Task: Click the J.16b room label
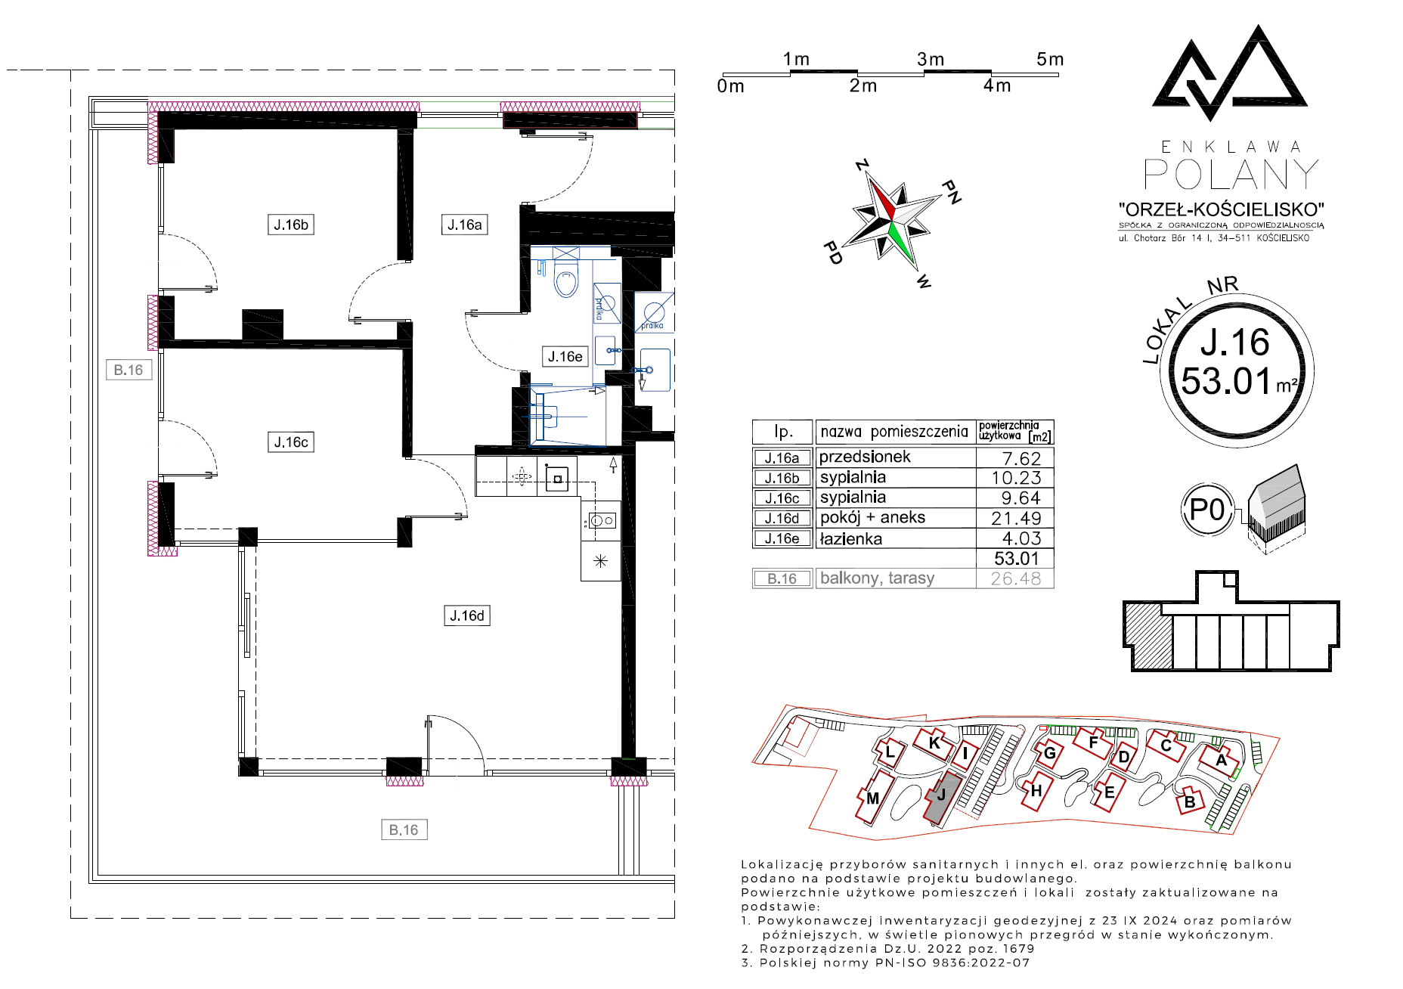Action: coord(291,225)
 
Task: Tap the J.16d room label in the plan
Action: coord(467,615)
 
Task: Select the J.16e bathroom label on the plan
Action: coord(565,356)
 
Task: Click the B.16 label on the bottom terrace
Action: coord(404,829)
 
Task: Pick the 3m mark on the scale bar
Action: coord(931,59)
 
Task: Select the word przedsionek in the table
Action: coord(865,457)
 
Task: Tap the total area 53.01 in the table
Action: coord(1017,558)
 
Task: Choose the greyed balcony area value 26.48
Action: coord(1016,578)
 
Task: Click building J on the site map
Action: coord(943,798)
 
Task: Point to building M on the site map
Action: coord(873,797)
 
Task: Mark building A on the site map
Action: coord(1220,760)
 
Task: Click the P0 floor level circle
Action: coord(1207,510)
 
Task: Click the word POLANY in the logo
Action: coord(1231,175)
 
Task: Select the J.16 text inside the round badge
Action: coord(1235,343)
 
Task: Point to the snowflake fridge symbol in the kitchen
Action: coord(600,561)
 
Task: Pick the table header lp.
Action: coord(783,432)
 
